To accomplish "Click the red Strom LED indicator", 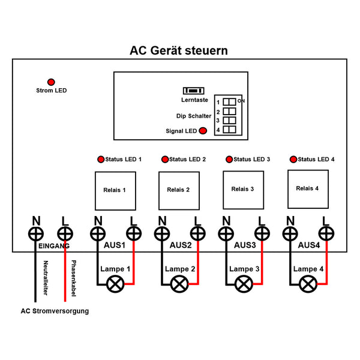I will click(x=51, y=82).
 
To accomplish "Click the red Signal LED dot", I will click(x=203, y=131).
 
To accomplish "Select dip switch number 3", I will click(x=229, y=120).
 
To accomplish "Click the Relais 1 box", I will click(x=115, y=190).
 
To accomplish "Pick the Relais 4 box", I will click(x=308, y=188).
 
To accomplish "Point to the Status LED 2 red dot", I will click(x=165, y=160).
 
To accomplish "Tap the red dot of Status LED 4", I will click(x=293, y=160).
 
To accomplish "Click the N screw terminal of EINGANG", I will click(x=37, y=233).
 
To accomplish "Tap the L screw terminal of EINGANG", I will click(x=64, y=233).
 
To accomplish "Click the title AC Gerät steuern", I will click(x=179, y=51).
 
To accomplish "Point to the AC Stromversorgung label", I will click(x=55, y=311).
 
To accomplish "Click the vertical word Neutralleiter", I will click(x=46, y=277).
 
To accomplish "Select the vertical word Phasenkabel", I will click(x=73, y=277).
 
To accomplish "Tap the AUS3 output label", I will click(x=244, y=246).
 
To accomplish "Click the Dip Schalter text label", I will click(x=190, y=116).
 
